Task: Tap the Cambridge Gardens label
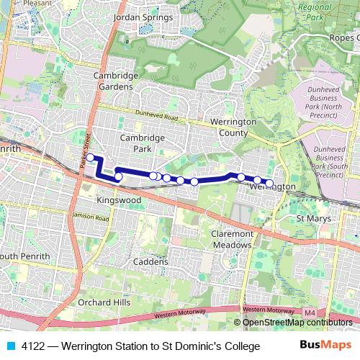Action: tap(114, 81)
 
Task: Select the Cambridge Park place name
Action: tap(143, 143)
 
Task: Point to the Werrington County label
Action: tap(233, 127)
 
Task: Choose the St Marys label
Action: tap(312, 217)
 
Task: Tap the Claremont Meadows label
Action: tap(231, 239)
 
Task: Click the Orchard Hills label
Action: tap(104, 302)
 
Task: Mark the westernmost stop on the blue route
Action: tap(90, 157)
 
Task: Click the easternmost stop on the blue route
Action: tap(270, 183)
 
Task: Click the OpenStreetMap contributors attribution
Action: tap(293, 323)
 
